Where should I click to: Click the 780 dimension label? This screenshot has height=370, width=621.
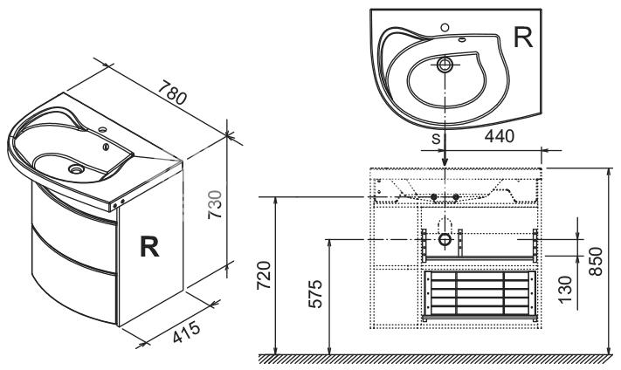(172, 93)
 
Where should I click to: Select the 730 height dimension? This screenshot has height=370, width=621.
(216, 204)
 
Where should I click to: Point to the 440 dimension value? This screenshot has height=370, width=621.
(500, 136)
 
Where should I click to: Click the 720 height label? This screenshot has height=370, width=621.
(264, 276)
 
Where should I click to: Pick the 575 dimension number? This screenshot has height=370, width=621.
(315, 294)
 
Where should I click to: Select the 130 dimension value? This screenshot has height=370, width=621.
(566, 290)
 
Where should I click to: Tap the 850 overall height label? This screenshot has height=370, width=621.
(596, 262)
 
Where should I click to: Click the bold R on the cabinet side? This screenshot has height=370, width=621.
(149, 247)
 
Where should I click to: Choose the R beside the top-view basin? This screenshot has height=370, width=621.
(523, 38)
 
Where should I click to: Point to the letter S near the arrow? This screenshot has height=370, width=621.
(436, 139)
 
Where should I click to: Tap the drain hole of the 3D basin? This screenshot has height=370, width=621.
(76, 169)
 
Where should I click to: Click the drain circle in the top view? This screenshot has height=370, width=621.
(445, 64)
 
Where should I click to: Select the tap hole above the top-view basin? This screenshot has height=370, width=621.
(445, 27)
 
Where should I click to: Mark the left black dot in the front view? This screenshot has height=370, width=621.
(434, 196)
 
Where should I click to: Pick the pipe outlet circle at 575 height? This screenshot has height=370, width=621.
(445, 239)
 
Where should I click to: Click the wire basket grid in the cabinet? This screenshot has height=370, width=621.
(480, 294)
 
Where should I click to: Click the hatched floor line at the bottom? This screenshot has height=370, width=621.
(437, 359)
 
